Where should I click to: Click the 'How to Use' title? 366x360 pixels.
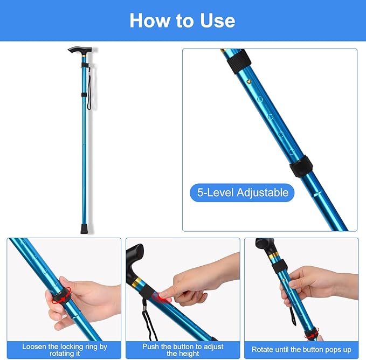[x=182, y=20]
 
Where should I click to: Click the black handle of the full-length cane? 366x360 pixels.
[x=79, y=50]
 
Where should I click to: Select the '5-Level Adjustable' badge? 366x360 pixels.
[x=242, y=192]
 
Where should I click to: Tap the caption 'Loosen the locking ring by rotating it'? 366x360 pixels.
[x=64, y=350]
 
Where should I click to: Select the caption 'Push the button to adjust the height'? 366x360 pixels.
[x=183, y=350]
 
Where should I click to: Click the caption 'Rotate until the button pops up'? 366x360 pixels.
[x=301, y=350]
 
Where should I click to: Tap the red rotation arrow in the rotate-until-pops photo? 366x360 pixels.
[x=311, y=335]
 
